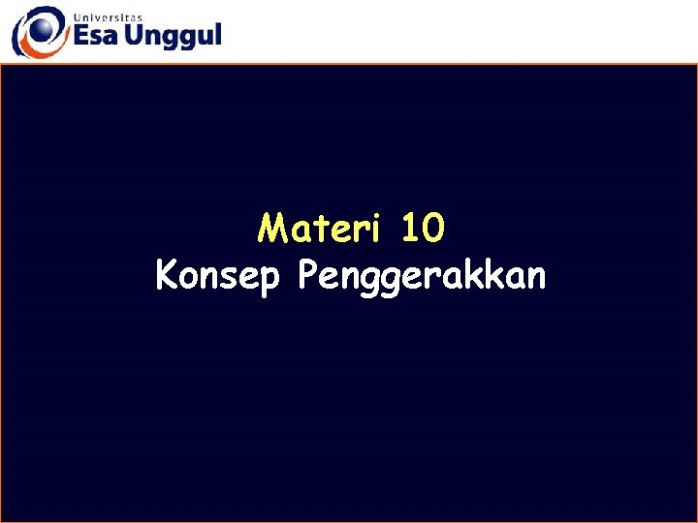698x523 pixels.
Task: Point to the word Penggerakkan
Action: (423, 278)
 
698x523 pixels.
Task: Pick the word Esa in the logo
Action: (96, 36)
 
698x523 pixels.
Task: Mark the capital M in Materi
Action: (272, 230)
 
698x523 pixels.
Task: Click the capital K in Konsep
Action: (167, 276)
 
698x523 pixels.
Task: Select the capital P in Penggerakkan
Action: (308, 276)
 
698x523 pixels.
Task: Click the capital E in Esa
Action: (80, 36)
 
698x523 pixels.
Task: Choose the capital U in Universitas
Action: (75, 15)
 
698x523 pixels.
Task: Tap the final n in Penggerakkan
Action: (536, 279)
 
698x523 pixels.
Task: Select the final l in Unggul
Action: (216, 35)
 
